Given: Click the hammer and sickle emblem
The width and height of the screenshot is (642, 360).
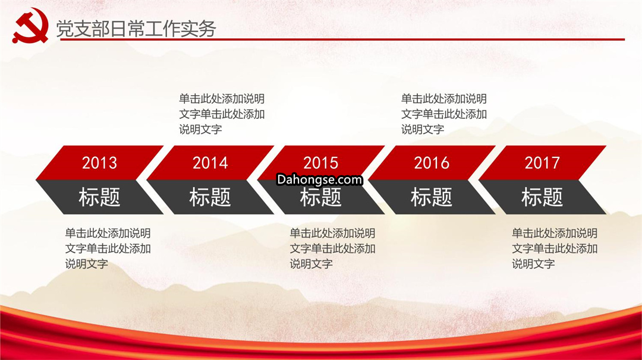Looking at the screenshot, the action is pyautogui.click(x=31, y=26).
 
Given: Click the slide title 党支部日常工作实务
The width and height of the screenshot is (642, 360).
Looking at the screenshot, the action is pyautogui.click(x=136, y=29).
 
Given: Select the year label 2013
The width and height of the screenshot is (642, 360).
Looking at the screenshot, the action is pyautogui.click(x=99, y=163).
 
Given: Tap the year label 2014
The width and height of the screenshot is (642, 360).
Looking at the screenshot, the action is pyautogui.click(x=210, y=163).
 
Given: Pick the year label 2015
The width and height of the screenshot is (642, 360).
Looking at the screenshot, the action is pyautogui.click(x=320, y=163).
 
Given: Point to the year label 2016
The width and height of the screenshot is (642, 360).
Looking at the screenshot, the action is pyautogui.click(x=432, y=163).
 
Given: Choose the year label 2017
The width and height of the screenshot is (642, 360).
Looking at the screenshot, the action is pyautogui.click(x=542, y=163).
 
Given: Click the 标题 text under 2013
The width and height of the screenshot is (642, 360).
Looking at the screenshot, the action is pyautogui.click(x=99, y=197).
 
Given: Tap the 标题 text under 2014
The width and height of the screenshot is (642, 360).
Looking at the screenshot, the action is pyautogui.click(x=210, y=197).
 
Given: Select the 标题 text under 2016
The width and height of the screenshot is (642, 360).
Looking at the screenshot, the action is pyautogui.click(x=432, y=197).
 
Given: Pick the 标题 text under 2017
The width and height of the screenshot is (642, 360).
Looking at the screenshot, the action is pyautogui.click(x=542, y=197).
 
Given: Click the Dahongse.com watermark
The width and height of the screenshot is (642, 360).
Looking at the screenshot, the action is pyautogui.click(x=319, y=179).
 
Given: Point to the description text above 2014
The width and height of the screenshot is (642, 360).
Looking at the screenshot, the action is pyautogui.click(x=222, y=114).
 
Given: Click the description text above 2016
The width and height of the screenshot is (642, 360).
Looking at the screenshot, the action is pyautogui.click(x=444, y=114).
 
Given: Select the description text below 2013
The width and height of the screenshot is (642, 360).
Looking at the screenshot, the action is pyautogui.click(x=108, y=249).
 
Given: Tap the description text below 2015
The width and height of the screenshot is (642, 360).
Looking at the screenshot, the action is pyautogui.click(x=332, y=249).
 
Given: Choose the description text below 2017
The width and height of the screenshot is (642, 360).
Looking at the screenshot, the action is pyautogui.click(x=555, y=249).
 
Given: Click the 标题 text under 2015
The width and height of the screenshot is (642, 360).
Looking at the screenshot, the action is pyautogui.click(x=320, y=197).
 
